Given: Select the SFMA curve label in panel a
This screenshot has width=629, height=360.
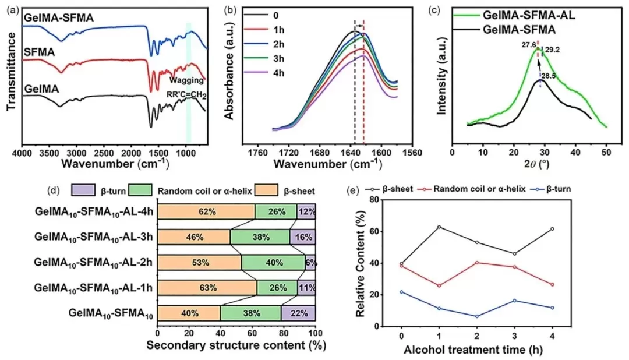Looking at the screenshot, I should click(40, 53).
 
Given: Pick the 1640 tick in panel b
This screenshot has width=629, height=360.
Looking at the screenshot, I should click(350, 154).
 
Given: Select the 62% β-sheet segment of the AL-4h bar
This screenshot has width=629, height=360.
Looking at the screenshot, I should click(206, 211).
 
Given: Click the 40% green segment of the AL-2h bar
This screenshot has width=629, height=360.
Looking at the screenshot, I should click(273, 262).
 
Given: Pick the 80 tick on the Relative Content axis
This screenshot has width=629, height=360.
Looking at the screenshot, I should click(383, 200).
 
